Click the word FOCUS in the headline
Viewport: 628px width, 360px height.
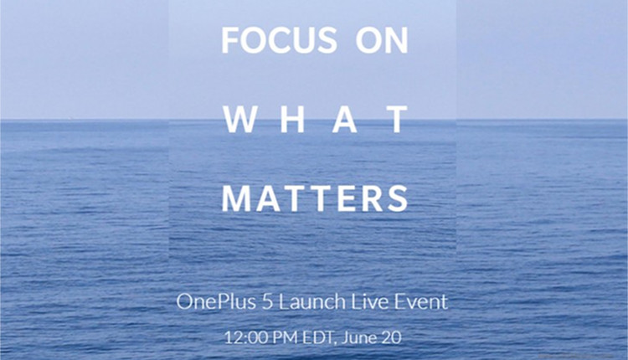click(279, 39)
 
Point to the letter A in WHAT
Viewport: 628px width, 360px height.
click(345, 120)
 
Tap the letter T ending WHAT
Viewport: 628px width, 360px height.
click(398, 120)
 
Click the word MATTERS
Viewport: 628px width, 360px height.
click(315, 198)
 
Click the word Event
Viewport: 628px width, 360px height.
click(420, 301)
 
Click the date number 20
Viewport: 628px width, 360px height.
click(391, 337)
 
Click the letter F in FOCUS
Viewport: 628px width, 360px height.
click(229, 39)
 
